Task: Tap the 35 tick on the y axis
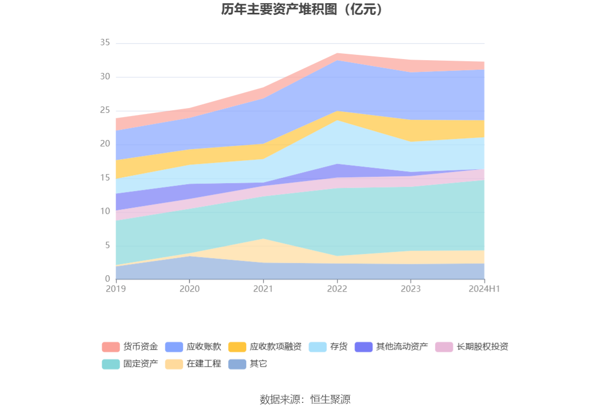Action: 105,43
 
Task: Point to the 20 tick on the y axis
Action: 105,144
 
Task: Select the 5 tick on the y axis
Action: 107,245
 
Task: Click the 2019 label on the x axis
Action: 115,288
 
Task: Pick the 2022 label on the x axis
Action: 337,288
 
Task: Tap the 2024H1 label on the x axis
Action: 484,288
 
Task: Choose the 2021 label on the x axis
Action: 263,288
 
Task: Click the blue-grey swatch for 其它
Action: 237,364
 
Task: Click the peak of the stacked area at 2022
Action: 337,53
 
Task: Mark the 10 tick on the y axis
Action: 105,211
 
